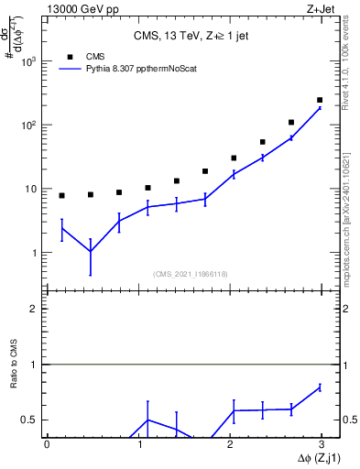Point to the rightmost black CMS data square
(320, 100)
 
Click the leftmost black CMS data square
(61, 195)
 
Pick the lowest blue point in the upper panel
(90, 251)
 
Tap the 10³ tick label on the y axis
(29, 61)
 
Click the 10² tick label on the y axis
(29, 125)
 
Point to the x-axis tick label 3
(323, 444)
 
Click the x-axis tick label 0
(47, 444)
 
